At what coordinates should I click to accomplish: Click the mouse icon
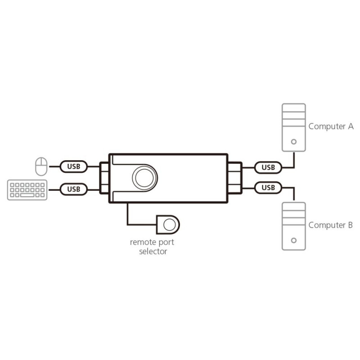(x=41, y=166)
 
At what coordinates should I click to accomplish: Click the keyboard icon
(x=27, y=190)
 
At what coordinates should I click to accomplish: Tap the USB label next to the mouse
(x=74, y=166)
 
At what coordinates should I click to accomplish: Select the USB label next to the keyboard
(x=74, y=189)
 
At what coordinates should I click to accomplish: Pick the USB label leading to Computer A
(x=268, y=167)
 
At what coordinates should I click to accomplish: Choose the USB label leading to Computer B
(x=268, y=188)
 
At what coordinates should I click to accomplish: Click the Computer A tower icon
(x=294, y=127)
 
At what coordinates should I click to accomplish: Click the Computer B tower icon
(x=294, y=226)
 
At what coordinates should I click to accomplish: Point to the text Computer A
(x=331, y=126)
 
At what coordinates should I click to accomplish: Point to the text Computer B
(x=330, y=225)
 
